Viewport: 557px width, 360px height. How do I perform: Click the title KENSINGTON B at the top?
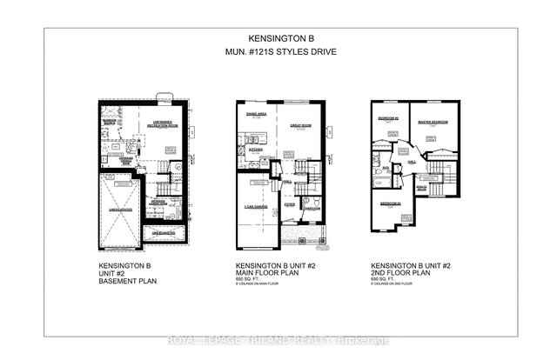pyautogui.click(x=278, y=39)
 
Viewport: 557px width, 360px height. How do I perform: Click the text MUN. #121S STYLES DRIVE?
pyautogui.click(x=278, y=55)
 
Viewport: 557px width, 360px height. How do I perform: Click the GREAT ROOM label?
pyautogui.click(x=299, y=125)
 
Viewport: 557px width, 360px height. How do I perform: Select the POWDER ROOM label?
pyautogui.click(x=310, y=210)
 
